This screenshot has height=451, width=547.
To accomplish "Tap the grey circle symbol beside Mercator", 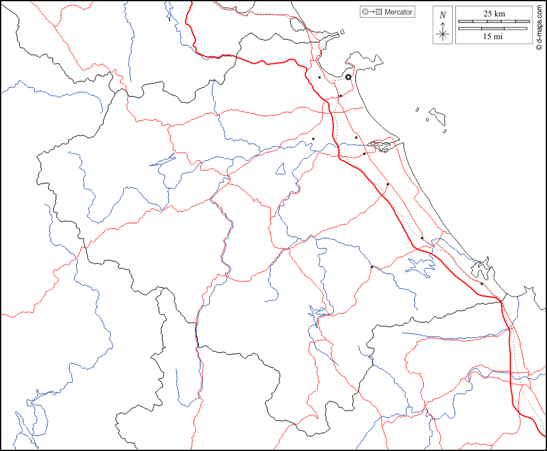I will tap(365, 12).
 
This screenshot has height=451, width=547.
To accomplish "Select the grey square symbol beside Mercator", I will tap(379, 12).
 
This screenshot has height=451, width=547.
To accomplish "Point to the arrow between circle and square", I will tap(372, 12).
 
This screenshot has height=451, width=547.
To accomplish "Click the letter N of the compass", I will tap(443, 15).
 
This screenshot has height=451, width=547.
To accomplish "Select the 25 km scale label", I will tap(494, 13).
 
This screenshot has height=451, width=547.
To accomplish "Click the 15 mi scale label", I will tap(493, 37).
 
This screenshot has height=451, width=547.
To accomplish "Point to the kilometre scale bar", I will tap(493, 22).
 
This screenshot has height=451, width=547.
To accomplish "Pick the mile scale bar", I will tap(493, 28).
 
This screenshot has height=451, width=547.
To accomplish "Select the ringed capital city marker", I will tap(348, 77).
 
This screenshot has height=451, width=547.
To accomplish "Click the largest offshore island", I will tap(437, 116).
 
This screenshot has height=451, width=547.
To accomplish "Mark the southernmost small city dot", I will tap(482, 284).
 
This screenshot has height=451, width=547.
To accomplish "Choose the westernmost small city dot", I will tap(313, 139).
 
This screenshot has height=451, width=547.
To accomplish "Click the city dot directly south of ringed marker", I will tap(340, 96).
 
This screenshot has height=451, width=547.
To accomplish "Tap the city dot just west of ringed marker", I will tap(319, 78).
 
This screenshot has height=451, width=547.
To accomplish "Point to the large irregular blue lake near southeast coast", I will tap(419, 266).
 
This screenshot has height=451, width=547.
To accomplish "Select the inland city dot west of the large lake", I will tap(372, 267).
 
